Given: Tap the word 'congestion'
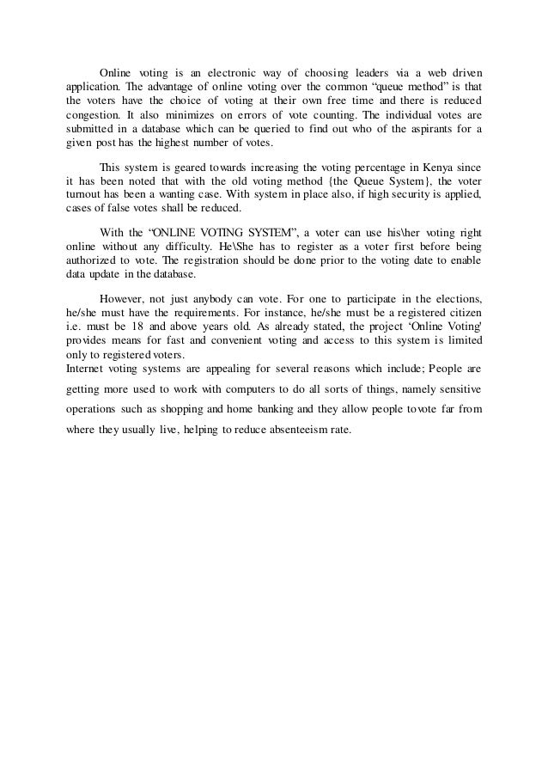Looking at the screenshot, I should tap(92, 113).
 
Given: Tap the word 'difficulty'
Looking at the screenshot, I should tap(186, 246).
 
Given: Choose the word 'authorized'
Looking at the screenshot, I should tap(92, 260).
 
